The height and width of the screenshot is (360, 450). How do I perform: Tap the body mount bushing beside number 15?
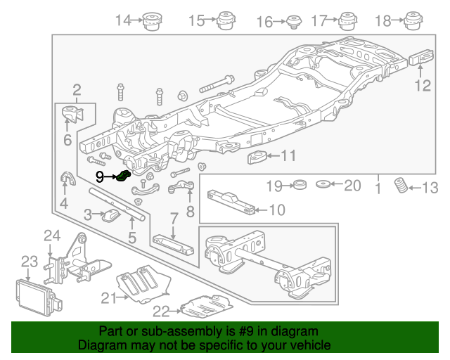point(225,21)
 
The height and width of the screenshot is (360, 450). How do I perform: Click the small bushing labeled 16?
point(292,22)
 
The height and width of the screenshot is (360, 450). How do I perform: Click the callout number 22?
point(161,311)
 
